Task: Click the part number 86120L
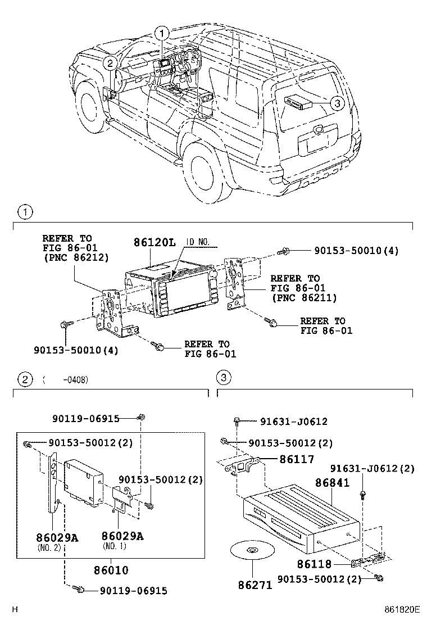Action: coord(155,243)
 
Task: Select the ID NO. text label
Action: coord(197,242)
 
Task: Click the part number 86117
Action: coord(297,459)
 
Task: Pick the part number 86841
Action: coord(331,483)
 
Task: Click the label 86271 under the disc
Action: coord(255,585)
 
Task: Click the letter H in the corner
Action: coord(15,609)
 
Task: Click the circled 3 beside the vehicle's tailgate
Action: coord(336,103)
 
